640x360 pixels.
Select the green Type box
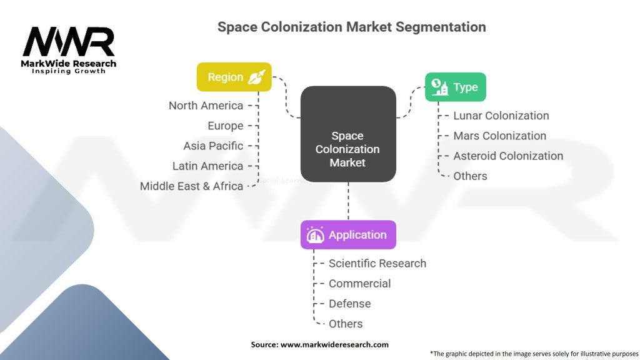point(455,87)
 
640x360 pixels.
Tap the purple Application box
point(347,235)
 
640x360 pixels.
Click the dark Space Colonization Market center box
point(347,134)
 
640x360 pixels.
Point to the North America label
point(206,106)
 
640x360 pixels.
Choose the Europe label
point(225,126)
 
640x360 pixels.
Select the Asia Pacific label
point(213,146)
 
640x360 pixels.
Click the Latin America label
point(207,166)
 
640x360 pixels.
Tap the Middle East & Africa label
point(191,186)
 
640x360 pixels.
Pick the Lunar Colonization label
point(501,116)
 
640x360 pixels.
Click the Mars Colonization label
point(499,136)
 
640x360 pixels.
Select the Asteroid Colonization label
point(507,156)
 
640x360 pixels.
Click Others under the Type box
point(470,176)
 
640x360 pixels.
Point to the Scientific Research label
point(377,263)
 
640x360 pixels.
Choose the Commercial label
point(359,283)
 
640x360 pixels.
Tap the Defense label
point(349,303)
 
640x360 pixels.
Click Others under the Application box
point(346,323)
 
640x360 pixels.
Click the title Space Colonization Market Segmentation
point(351,27)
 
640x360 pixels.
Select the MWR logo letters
point(69,42)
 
